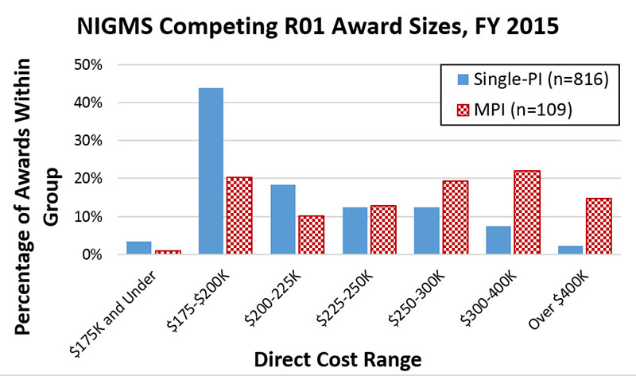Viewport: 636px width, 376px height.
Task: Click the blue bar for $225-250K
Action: coord(355,231)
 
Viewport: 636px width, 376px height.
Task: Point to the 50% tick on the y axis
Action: coord(95,64)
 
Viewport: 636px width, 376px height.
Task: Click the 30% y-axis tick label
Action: coord(95,141)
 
